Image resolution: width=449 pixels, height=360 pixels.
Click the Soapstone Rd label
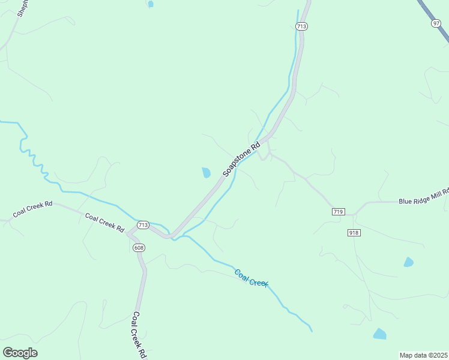tap(242, 159)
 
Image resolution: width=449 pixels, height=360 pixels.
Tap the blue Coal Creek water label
tap(251, 278)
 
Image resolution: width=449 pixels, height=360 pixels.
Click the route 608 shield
tap(139, 248)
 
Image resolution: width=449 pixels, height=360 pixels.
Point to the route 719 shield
tap(338, 212)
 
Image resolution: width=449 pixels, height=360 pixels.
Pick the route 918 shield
tap(353, 232)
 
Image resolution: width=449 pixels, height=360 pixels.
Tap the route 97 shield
tap(436, 23)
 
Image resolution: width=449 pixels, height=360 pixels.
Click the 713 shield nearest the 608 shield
tap(143, 225)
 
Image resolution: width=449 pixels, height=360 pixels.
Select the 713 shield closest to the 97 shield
tap(301, 26)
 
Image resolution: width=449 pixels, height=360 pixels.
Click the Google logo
tap(20, 353)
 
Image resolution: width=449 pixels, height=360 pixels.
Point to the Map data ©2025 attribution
tap(423, 355)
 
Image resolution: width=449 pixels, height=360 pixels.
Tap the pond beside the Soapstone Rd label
tap(206, 173)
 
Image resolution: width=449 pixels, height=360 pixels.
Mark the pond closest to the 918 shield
tap(409, 262)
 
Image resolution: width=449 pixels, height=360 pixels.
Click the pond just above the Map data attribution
tap(379, 334)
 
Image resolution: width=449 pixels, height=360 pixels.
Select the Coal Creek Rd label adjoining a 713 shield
tap(104, 223)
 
